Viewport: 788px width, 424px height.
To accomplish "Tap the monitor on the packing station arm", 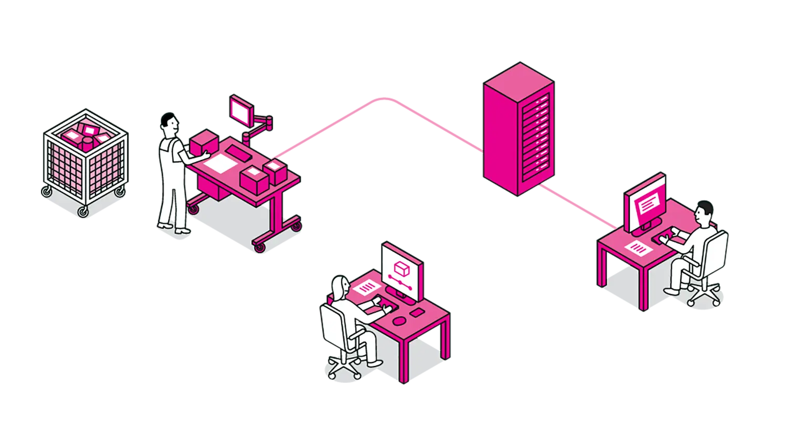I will coord(241,110).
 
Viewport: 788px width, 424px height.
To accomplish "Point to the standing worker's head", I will coord(169,125).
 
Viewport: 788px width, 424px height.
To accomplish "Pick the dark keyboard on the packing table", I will coord(240,153).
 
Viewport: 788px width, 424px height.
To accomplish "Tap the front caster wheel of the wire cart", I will coord(83,211).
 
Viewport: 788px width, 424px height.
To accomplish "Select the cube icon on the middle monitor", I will coord(401,268).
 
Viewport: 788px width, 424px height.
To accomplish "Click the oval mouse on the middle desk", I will coord(399,320).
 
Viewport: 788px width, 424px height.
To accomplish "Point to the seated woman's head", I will coord(339,287).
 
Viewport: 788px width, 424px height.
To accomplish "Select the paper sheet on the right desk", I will coord(641,247).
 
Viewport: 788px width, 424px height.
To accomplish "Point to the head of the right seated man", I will coord(703,213).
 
